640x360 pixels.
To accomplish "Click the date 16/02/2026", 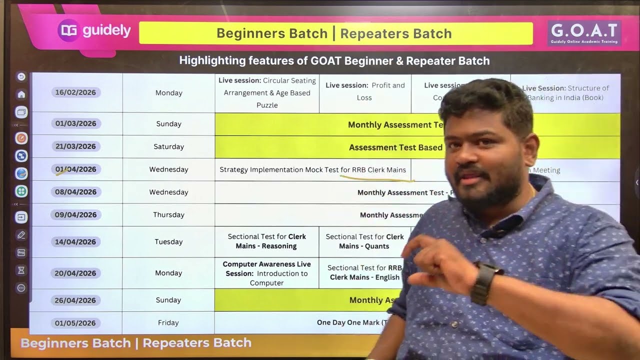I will (75, 92).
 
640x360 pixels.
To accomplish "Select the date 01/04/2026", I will (75, 169).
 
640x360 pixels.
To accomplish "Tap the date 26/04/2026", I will (75, 300).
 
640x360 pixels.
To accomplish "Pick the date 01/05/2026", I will (75, 323).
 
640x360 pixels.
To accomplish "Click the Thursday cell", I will (168, 215).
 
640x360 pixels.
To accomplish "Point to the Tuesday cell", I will (168, 242).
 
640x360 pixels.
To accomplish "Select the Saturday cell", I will (168, 147).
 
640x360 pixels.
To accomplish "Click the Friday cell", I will (168, 323).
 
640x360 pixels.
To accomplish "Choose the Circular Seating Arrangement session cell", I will (267, 93).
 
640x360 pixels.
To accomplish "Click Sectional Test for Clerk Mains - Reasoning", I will (266, 241).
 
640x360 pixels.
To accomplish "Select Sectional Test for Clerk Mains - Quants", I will (364, 241).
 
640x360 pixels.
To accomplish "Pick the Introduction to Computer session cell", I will (266, 273).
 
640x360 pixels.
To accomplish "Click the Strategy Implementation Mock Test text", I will (312, 170).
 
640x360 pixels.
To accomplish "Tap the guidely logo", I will (94, 31).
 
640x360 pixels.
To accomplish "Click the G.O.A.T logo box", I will (584, 33).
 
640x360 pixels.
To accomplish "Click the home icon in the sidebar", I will (21, 94).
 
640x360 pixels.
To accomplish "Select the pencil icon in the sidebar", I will (21, 235).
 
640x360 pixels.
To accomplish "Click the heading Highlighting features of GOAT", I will (334, 61).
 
